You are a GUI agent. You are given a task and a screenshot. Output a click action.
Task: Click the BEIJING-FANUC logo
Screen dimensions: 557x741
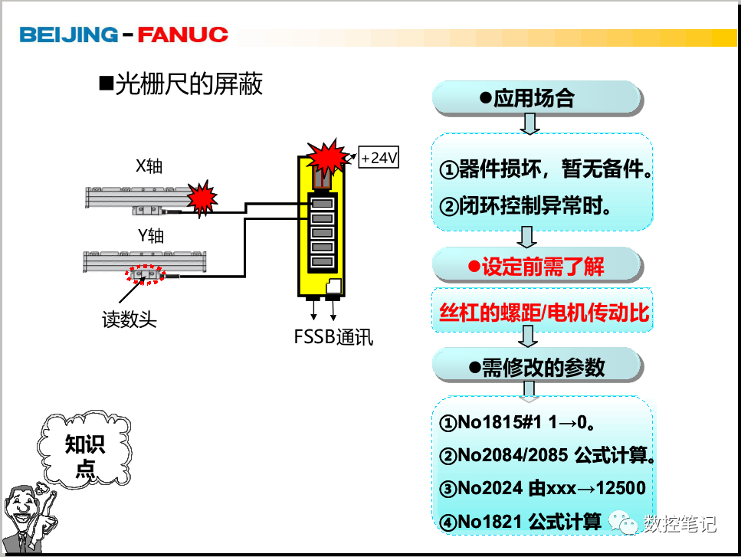point(123,34)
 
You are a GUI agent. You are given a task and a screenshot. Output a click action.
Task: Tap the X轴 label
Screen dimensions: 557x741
point(149,166)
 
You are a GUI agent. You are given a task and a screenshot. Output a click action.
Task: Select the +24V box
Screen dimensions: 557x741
point(379,158)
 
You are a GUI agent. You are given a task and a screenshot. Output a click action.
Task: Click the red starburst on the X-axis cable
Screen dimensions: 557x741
point(202,198)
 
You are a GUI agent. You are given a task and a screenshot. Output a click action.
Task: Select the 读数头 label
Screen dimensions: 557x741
point(130,319)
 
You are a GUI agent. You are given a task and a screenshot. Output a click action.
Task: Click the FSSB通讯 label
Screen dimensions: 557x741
point(333,337)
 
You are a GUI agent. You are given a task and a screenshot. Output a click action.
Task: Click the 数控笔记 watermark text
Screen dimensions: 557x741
point(679,523)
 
